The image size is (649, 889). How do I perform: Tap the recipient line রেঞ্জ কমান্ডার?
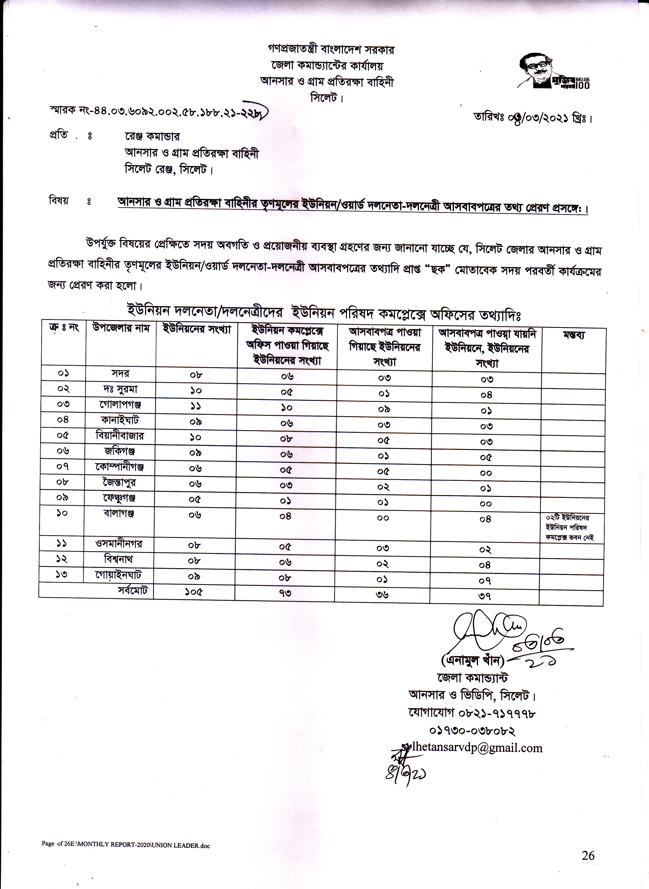(x=152, y=136)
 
